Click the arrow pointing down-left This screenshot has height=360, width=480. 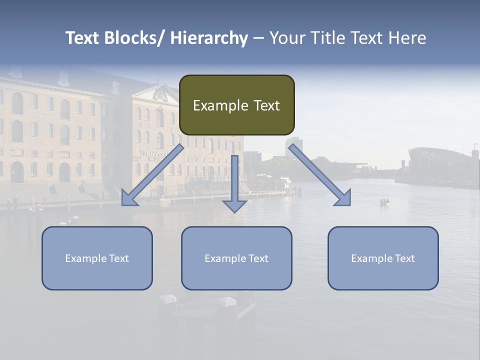pyautogui.click(x=152, y=175)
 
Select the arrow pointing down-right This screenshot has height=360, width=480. pyautogui.click(x=320, y=175)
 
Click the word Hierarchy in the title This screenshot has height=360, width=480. pyautogui.click(x=209, y=38)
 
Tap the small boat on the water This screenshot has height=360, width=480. pyautogui.click(x=384, y=202)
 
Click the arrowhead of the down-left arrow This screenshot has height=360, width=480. pyautogui.click(x=129, y=198)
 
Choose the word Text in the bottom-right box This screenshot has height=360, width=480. pyautogui.click(x=404, y=258)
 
